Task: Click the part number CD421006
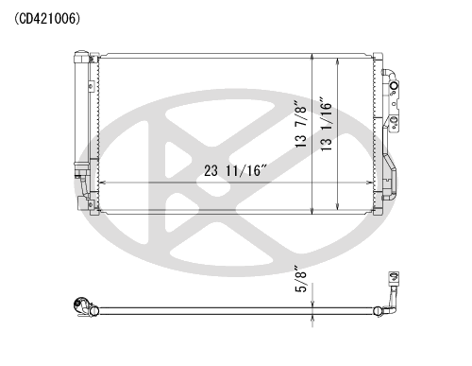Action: pyautogui.click(x=47, y=19)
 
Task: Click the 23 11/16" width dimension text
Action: pyautogui.click(x=235, y=170)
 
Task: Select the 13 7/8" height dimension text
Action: pyautogui.click(x=301, y=124)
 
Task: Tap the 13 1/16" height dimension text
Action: pyautogui.click(x=327, y=124)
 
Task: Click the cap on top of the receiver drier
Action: pyautogui.click(x=81, y=57)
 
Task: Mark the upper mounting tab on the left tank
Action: pyautogui.click(x=92, y=86)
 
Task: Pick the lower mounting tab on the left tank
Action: pyautogui.click(x=92, y=204)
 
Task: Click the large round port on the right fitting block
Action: pyautogui.click(x=394, y=86)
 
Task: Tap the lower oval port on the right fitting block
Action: pyautogui.click(x=394, y=120)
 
